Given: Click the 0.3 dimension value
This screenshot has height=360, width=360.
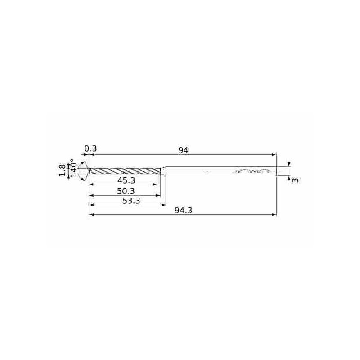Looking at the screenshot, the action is pyautogui.click(x=91, y=149).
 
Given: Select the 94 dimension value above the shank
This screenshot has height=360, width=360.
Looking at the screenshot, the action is pyautogui.click(x=183, y=150).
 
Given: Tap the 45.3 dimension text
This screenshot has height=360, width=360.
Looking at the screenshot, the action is pyautogui.click(x=126, y=181).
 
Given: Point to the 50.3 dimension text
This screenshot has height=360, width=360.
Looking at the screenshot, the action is pyautogui.click(x=126, y=191).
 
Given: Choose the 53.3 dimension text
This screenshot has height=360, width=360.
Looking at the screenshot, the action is pyautogui.click(x=131, y=201).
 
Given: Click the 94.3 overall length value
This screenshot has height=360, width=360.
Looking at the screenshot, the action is pyautogui.click(x=183, y=211).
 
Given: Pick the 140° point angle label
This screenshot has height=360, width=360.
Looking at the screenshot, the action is pyautogui.click(x=73, y=168).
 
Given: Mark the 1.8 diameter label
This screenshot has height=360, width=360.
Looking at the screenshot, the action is pyautogui.click(x=63, y=171).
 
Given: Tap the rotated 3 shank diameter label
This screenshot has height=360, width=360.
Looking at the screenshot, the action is pyautogui.click(x=295, y=180).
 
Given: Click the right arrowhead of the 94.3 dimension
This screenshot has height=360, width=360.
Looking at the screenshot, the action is pyautogui.click(x=274, y=215).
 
